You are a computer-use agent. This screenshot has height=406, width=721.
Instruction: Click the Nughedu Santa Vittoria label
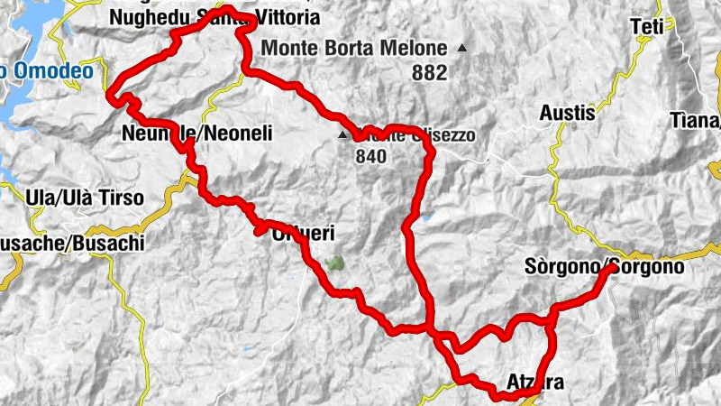coord(213,17)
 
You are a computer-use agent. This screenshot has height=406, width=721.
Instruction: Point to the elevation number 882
coord(429,74)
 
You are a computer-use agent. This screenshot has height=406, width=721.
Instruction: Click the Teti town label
coord(648,26)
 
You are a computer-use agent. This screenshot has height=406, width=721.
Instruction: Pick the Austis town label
coord(568,113)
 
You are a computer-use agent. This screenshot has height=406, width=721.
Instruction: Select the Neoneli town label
coord(196,134)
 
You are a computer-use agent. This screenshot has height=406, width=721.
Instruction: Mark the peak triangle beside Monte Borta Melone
coord(462,48)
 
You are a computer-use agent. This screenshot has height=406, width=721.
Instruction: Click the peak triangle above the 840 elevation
coord(342,136)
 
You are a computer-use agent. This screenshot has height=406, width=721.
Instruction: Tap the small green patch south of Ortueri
coord(334,264)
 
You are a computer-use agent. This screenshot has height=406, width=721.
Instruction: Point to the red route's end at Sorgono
coord(613,268)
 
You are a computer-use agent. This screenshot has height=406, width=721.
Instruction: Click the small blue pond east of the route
coord(425,217)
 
